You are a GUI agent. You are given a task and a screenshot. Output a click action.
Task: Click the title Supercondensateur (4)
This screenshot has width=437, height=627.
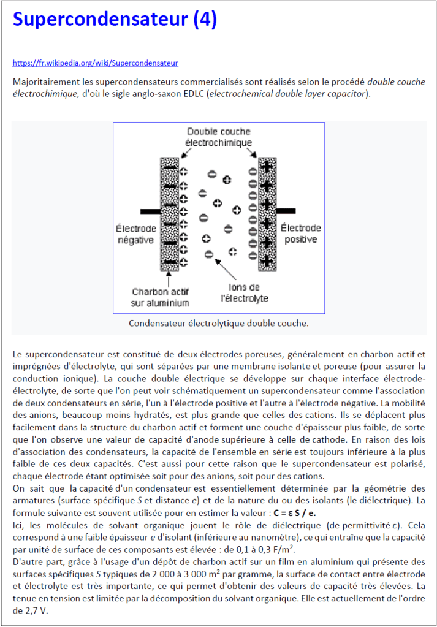(115, 20)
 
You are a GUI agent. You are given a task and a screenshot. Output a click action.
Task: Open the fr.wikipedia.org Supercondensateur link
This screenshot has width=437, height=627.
(95, 63)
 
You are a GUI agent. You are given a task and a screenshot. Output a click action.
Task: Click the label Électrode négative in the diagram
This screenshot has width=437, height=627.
(135, 234)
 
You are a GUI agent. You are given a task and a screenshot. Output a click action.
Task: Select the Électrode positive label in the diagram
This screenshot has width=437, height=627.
(301, 234)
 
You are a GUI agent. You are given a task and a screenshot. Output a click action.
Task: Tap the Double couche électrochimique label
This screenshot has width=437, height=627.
(219, 137)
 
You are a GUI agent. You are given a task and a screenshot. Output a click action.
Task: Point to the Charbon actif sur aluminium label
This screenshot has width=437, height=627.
(161, 297)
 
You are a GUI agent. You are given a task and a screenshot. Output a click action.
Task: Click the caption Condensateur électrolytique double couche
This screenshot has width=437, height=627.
(219, 322)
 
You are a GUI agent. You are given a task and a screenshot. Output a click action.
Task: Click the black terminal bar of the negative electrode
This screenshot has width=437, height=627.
(151, 211)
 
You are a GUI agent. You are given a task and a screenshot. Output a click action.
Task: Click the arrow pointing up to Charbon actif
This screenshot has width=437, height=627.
(169, 279)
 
